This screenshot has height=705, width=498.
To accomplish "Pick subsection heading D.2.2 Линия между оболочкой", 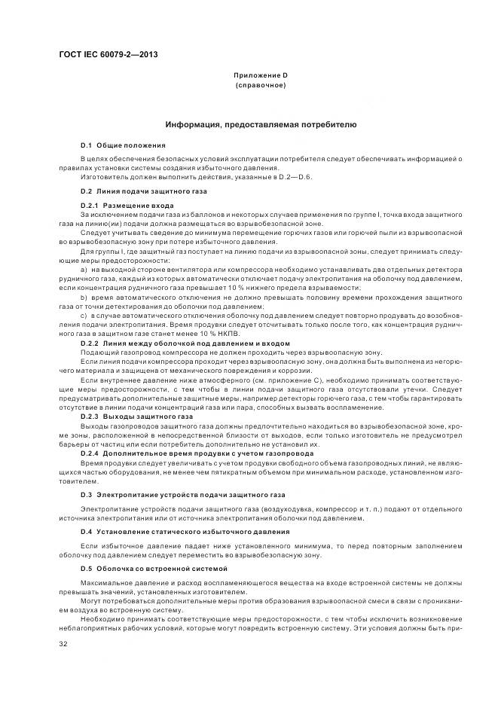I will tap(185, 343).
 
